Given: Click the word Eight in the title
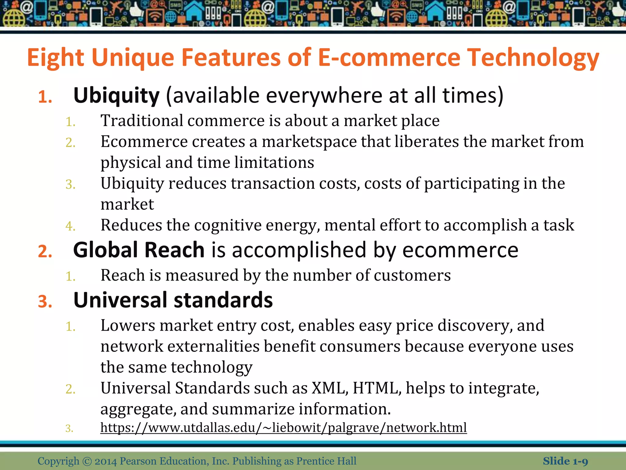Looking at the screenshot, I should point(55,58).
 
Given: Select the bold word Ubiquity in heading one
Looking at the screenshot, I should point(116,96).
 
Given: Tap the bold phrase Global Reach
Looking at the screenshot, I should point(139,250).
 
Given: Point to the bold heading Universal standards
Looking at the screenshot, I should point(173,300).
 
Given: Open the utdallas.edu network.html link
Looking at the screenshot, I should point(283,427).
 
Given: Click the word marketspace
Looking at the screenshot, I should point(309,142).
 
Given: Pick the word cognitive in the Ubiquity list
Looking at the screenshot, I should point(228,225).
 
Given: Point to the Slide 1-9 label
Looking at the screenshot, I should point(565,461).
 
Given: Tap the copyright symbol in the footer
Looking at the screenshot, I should point(87,461).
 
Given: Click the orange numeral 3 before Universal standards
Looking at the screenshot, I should point(45,302).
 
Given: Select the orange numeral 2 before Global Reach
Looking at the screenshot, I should point(45,252).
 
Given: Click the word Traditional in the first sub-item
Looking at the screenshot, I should point(142,121).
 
